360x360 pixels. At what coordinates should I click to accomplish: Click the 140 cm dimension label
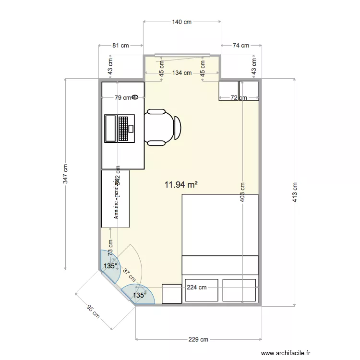(182, 22)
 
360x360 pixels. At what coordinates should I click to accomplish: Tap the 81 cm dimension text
(120, 46)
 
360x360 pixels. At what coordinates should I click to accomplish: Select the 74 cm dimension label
(240, 46)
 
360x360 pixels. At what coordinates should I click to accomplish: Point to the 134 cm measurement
(182, 73)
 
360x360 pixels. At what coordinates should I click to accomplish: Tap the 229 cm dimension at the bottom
(198, 340)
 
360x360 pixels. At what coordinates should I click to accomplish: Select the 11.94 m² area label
(181, 184)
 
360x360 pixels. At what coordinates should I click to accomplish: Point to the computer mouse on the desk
(135, 97)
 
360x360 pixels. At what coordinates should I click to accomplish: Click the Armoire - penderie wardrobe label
(116, 199)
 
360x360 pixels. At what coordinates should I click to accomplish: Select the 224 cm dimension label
(197, 288)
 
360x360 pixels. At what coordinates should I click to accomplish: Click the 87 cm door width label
(129, 275)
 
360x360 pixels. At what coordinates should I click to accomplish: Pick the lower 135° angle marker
(140, 295)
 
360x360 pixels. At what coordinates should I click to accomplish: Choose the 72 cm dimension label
(239, 98)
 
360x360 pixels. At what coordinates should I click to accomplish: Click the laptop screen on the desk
(111, 129)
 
